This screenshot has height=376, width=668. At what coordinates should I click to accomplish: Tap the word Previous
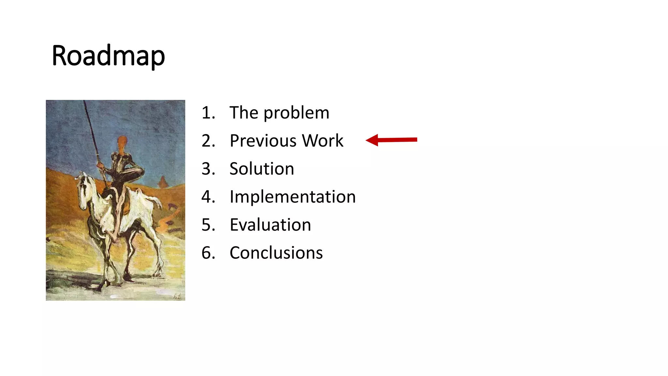(x=263, y=141)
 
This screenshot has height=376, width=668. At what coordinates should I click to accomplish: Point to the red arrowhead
(x=372, y=140)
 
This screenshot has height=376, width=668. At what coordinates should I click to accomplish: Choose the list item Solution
(x=262, y=169)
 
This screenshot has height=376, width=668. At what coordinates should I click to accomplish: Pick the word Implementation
(x=292, y=197)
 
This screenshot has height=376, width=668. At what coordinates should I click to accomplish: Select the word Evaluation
(x=270, y=225)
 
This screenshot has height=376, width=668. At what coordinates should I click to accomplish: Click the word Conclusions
(x=276, y=253)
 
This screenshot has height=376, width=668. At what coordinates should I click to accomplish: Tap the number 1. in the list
(x=208, y=113)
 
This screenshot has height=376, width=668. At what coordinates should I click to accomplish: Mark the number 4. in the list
(x=208, y=197)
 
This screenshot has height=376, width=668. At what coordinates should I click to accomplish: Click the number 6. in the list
(x=208, y=253)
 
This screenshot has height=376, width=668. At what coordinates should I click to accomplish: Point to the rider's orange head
(x=122, y=144)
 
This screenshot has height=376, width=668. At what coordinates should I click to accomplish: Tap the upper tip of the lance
(x=84, y=102)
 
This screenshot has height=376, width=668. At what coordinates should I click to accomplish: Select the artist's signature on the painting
(x=177, y=296)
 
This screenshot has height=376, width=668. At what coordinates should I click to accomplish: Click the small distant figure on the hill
(x=163, y=181)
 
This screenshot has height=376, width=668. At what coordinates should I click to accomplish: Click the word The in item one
(x=244, y=113)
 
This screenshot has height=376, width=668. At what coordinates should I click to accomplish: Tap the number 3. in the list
(x=208, y=169)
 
